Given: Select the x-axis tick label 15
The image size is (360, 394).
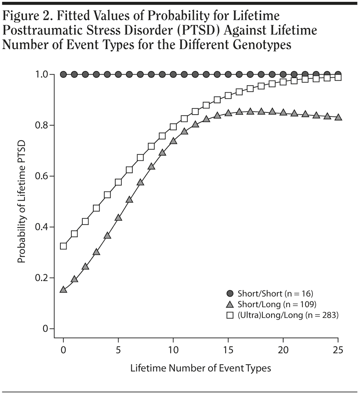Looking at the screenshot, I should click(x=228, y=350).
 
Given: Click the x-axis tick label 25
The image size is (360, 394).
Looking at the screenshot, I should click(x=338, y=350).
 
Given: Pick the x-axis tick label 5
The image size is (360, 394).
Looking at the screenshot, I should click(x=118, y=350).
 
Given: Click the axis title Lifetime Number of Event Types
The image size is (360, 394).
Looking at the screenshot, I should click(x=200, y=368).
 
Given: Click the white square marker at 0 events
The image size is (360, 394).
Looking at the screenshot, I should click(x=63, y=246).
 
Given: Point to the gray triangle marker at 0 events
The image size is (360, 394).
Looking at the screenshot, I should click(x=63, y=290).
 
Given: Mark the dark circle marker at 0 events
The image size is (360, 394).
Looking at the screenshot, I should click(x=63, y=75).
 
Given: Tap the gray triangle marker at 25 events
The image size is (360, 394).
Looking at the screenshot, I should click(x=338, y=117).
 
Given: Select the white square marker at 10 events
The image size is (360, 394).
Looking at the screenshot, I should click(x=173, y=127).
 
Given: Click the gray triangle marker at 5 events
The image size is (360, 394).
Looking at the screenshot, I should click(x=118, y=218).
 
